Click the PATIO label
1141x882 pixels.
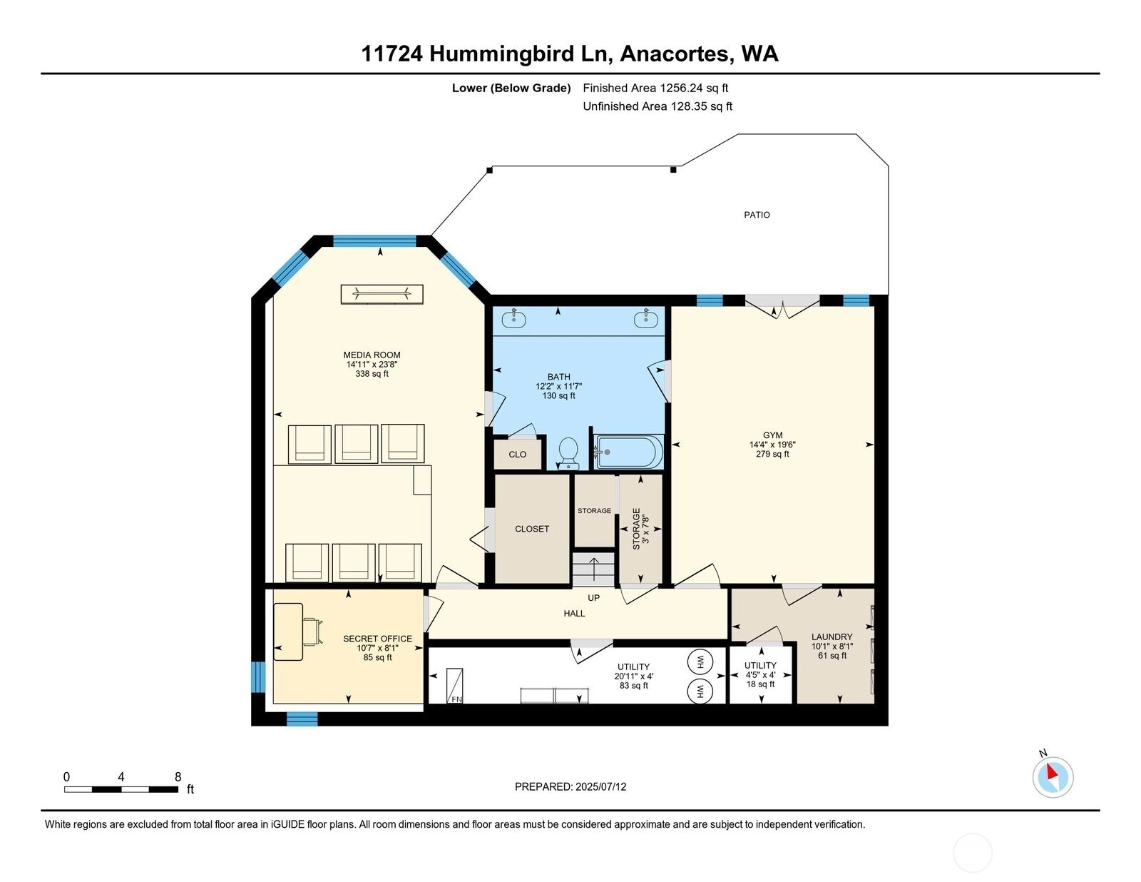point(757,215)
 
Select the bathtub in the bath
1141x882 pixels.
point(628,452)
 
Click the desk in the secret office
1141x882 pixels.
point(288,632)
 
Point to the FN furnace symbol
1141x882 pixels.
point(455,685)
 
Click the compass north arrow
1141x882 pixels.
point(1052,771)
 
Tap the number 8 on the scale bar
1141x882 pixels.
point(178,777)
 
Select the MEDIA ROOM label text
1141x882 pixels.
point(372,355)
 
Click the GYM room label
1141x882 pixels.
point(772,435)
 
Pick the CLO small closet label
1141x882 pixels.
point(517,455)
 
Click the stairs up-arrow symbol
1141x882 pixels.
point(593,567)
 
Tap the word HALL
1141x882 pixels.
point(574,613)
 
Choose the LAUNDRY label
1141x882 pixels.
point(832,637)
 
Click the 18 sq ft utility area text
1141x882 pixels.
point(760,684)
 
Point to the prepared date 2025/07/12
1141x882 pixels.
point(600,786)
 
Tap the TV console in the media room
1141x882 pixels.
point(382,294)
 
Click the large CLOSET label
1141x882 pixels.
point(532,529)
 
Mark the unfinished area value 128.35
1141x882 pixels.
point(689,106)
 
